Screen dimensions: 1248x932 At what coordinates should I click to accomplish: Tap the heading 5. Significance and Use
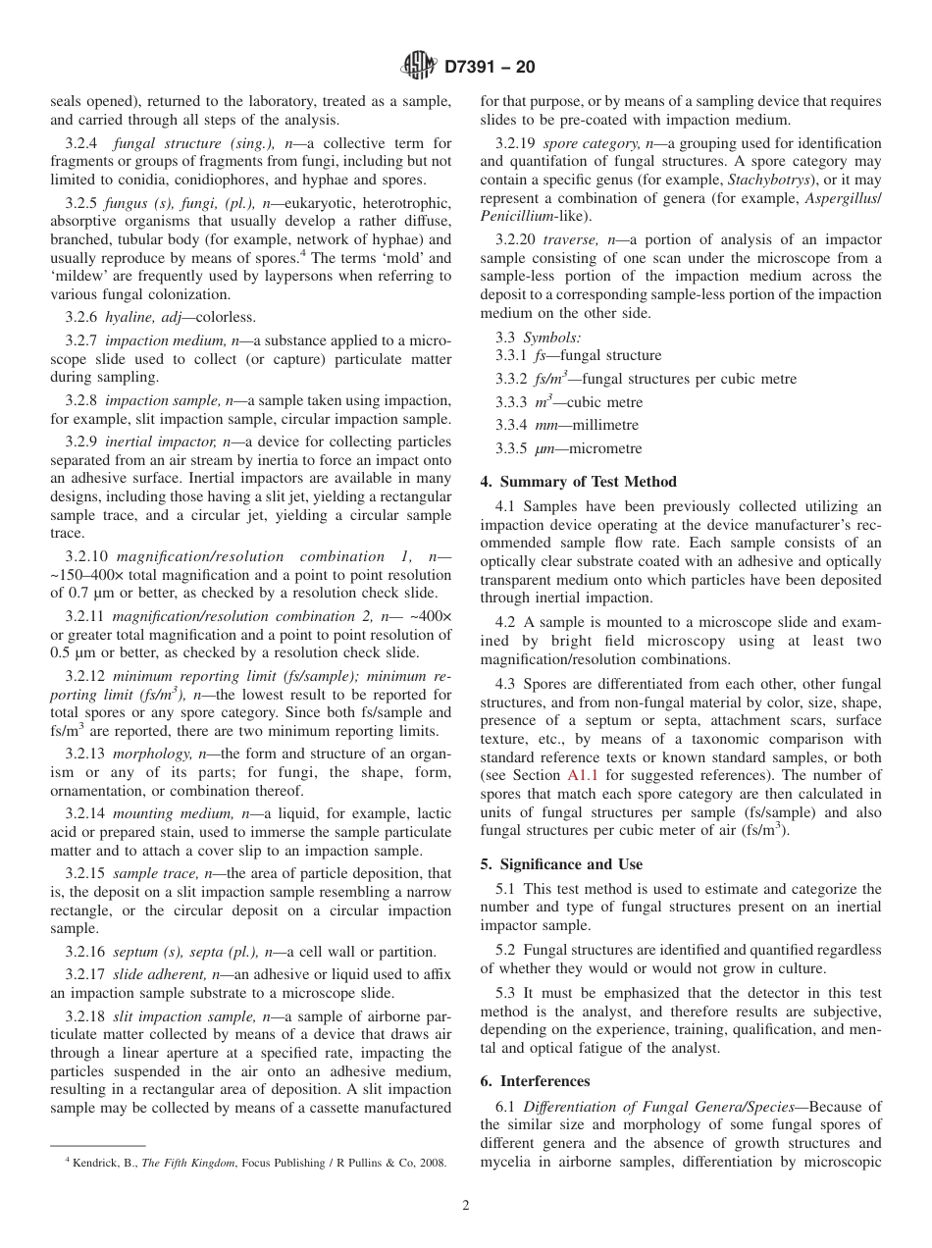click(x=561, y=864)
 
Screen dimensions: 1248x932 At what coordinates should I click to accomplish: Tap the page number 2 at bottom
click(x=466, y=1206)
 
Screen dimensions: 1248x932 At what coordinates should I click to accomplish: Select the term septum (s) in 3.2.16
click(x=144, y=952)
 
